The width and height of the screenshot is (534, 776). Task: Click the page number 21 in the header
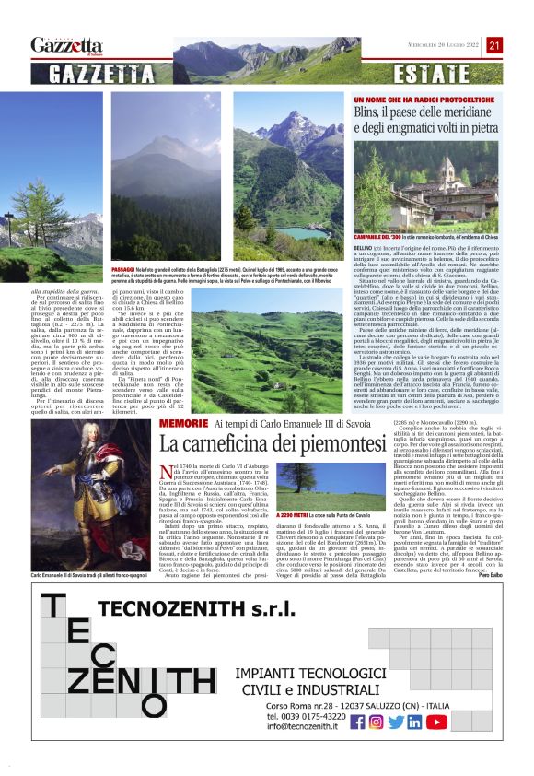[494, 44]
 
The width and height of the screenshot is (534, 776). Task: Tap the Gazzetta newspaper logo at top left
[67, 44]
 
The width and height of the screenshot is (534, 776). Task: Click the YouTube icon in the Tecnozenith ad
[436, 722]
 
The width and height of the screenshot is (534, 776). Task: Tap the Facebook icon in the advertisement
[358, 722]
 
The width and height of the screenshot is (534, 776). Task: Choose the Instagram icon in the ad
[376, 722]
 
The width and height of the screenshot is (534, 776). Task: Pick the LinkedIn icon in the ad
[415, 722]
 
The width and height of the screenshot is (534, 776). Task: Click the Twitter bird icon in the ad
[396, 722]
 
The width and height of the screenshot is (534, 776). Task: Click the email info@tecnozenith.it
[305, 726]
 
